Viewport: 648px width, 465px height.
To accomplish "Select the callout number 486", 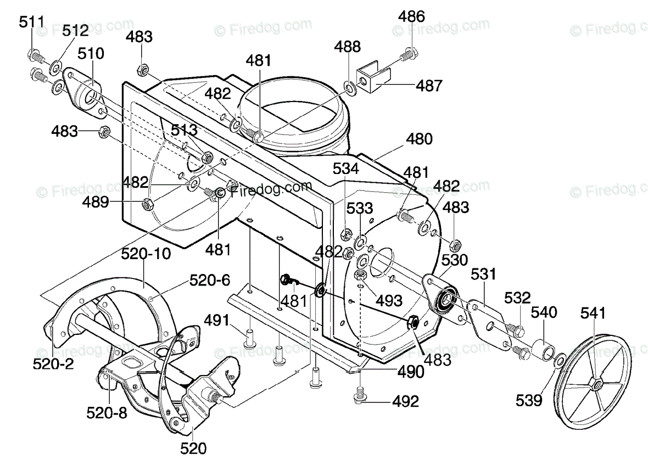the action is [411, 16].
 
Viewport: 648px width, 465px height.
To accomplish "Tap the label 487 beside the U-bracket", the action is [429, 86].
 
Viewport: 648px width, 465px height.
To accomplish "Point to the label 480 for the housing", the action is [419, 139].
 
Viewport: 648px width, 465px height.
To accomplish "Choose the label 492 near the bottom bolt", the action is [405, 401].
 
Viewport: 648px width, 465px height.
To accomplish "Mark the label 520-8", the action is [107, 412].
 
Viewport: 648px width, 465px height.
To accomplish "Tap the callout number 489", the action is [96, 202].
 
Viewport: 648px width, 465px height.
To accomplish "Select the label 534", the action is [346, 169].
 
